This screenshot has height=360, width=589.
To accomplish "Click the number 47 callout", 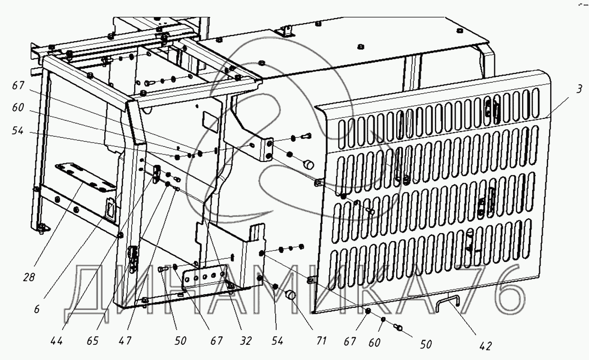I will tap(125, 340).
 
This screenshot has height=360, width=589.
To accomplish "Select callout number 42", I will tap(485, 346).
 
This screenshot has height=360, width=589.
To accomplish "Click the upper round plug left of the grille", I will tap(308, 164).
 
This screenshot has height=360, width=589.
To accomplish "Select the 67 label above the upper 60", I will tap(18, 85).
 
